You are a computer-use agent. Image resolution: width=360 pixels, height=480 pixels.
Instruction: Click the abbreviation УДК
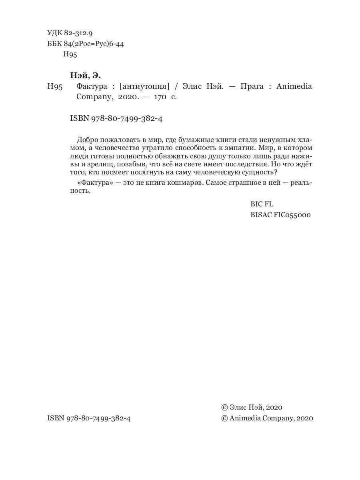pyautogui.click(x=55, y=33)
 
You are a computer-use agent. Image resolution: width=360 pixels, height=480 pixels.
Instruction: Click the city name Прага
pyautogui.click(x=252, y=86)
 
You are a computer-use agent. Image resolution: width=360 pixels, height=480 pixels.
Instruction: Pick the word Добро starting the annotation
pyautogui.click(x=87, y=140)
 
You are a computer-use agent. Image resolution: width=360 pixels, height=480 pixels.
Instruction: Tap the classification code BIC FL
pyautogui.click(x=262, y=204)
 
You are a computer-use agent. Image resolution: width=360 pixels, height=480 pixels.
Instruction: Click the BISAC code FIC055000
pyautogui.click(x=280, y=215)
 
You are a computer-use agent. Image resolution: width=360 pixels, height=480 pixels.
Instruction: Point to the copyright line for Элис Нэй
pyautogui.click(x=252, y=407)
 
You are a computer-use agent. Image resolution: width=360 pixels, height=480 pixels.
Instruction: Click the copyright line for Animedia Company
pyautogui.click(x=267, y=418)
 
